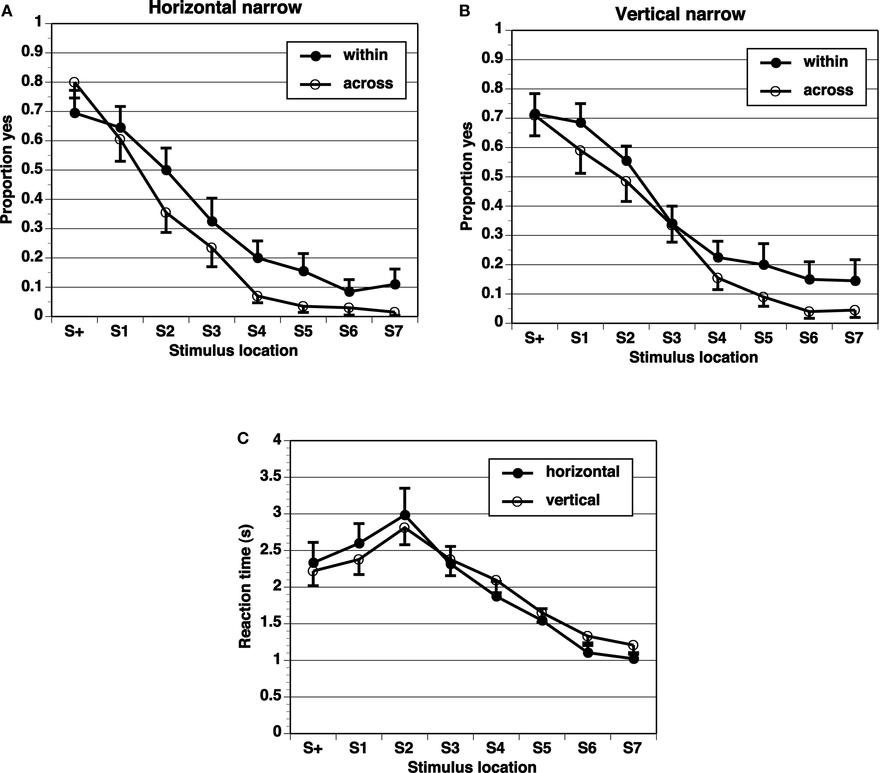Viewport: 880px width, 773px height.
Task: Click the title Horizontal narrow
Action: click(225, 8)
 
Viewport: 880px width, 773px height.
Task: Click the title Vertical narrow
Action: click(680, 15)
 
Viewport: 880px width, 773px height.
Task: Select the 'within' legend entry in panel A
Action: click(365, 55)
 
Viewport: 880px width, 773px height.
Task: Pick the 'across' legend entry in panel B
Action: click(828, 90)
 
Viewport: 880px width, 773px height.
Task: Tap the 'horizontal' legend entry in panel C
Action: click(583, 472)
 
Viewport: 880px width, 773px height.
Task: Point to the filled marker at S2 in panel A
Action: click(166, 170)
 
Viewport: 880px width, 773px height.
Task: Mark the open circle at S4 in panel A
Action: click(257, 296)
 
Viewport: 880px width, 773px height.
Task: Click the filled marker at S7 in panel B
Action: click(855, 281)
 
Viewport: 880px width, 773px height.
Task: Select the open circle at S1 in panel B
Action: click(580, 151)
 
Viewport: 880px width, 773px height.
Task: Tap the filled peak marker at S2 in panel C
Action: click(405, 515)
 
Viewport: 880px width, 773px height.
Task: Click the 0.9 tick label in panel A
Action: click(33, 53)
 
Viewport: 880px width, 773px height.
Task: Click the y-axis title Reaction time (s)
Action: click(245, 587)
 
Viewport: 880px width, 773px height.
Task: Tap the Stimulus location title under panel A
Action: click(233, 351)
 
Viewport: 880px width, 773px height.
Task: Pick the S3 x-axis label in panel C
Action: click(450, 748)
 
